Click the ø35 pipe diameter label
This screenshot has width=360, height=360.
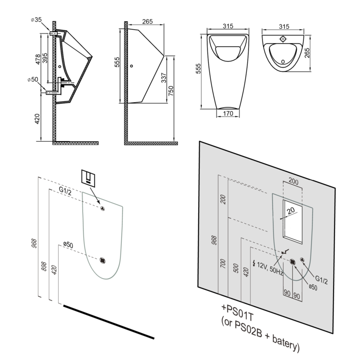[x=36, y=20]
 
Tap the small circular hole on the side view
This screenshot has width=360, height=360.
[x=131, y=66]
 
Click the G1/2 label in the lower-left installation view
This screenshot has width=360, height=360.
[x=65, y=192]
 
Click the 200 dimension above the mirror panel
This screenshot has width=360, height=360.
[x=294, y=182]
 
